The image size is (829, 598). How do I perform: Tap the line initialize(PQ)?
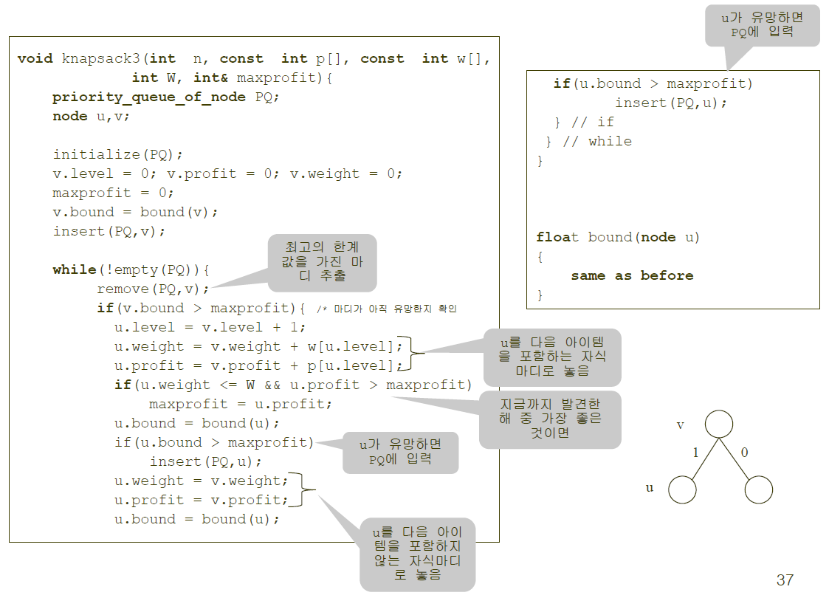117,155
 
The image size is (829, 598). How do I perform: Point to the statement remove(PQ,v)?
154,289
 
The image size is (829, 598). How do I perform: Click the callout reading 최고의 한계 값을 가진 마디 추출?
321,263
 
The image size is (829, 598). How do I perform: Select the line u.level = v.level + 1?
210,328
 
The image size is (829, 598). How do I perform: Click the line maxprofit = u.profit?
241,405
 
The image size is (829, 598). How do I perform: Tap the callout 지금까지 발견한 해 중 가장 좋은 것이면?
550,419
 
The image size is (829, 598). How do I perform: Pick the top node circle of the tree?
719,424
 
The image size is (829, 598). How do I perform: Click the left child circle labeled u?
683,489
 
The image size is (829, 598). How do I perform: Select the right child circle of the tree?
759,489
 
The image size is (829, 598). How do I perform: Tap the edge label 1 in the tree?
695,453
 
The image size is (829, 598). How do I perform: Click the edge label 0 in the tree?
744,453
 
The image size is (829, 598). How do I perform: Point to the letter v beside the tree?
681,426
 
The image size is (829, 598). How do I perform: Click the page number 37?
785,580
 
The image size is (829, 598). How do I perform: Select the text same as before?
632,276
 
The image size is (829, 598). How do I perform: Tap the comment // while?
596,142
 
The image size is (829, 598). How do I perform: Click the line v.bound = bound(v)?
136,213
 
